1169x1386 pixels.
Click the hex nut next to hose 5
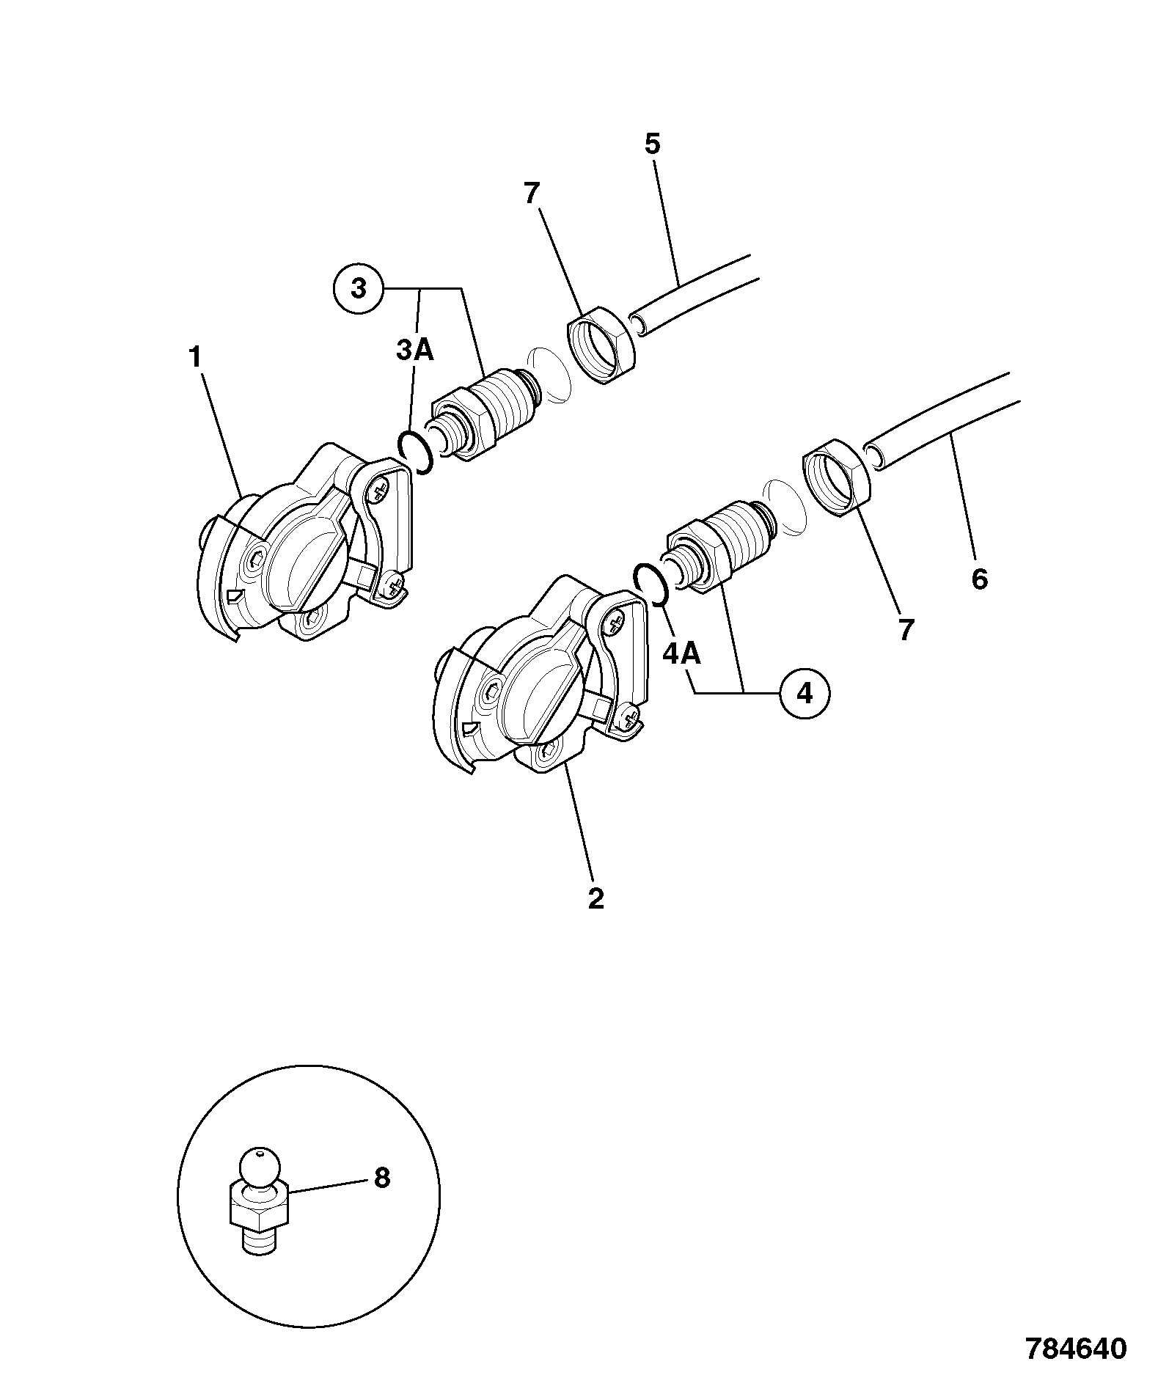(601, 346)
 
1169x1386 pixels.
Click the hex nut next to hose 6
(837, 477)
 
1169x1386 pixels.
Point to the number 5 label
(653, 144)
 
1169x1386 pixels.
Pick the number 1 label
(194, 358)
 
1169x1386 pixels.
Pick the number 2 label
(596, 898)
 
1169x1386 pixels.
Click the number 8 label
(381, 1178)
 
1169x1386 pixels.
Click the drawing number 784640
(1075, 1349)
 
